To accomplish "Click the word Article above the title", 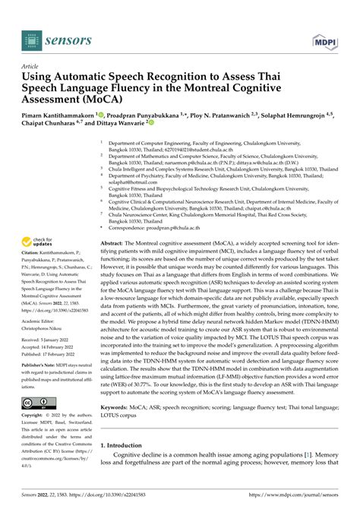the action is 33,66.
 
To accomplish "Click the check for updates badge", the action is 36,242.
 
